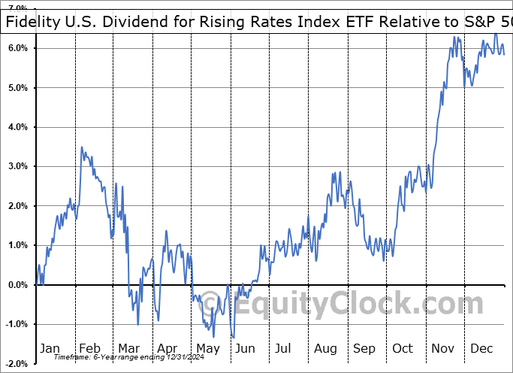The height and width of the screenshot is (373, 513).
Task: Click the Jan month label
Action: tap(50, 348)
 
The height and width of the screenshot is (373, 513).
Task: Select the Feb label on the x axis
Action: tap(89, 348)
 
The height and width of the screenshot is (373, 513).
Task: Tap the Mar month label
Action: tap(128, 348)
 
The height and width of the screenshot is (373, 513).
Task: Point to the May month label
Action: tap(207, 348)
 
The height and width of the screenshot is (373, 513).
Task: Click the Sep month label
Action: tap(364, 348)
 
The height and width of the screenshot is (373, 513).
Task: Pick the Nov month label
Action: tap(443, 348)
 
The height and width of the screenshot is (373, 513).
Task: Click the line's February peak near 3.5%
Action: tap(82, 147)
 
